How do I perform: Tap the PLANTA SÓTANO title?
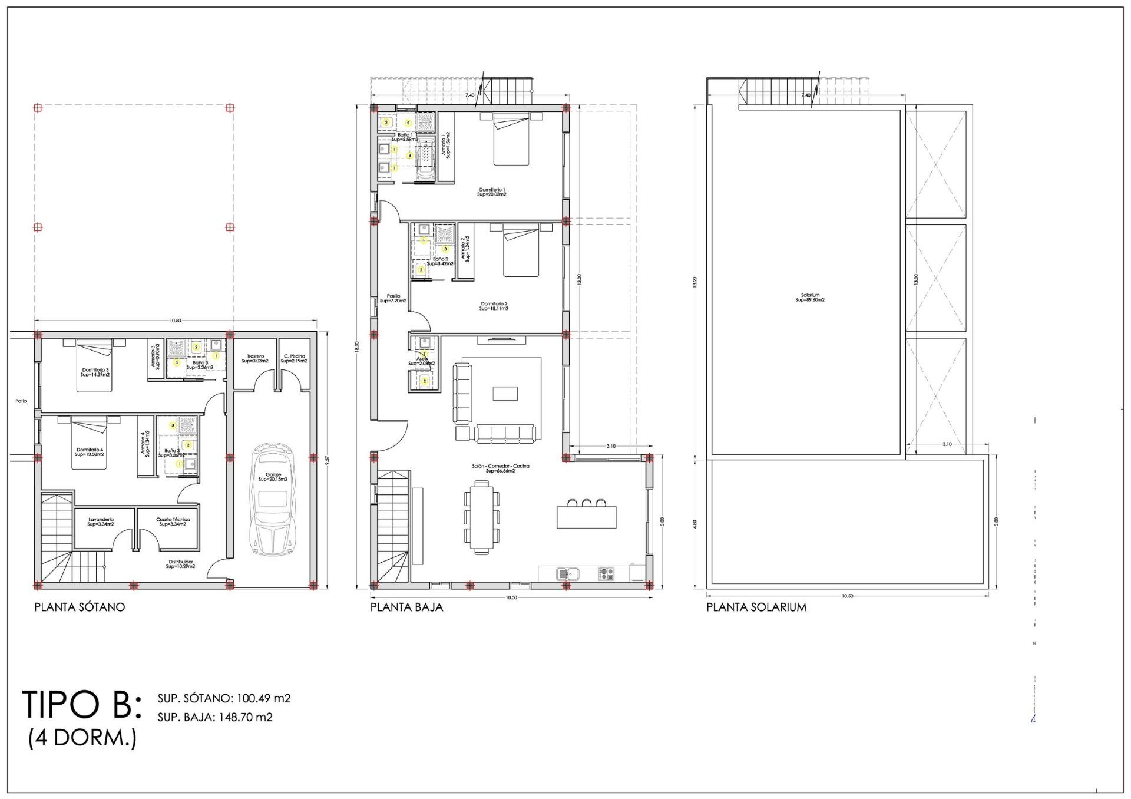click(x=80, y=607)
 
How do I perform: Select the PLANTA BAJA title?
click(x=406, y=607)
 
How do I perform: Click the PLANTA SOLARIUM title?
click(x=756, y=607)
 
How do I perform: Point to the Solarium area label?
click(x=810, y=298)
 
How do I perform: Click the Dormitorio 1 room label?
click(x=492, y=192)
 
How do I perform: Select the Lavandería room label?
click(x=100, y=521)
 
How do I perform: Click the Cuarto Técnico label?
click(x=172, y=521)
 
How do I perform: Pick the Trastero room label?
click(x=255, y=358)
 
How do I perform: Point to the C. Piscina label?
click(x=294, y=358)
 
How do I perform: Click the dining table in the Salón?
click(x=482, y=517)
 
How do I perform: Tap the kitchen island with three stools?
click(x=587, y=517)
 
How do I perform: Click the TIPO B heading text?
click(x=81, y=704)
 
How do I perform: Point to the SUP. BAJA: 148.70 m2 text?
click(x=215, y=717)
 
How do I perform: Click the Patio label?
click(x=21, y=401)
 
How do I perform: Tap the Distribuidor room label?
click(x=180, y=564)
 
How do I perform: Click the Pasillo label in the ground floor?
click(x=393, y=298)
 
